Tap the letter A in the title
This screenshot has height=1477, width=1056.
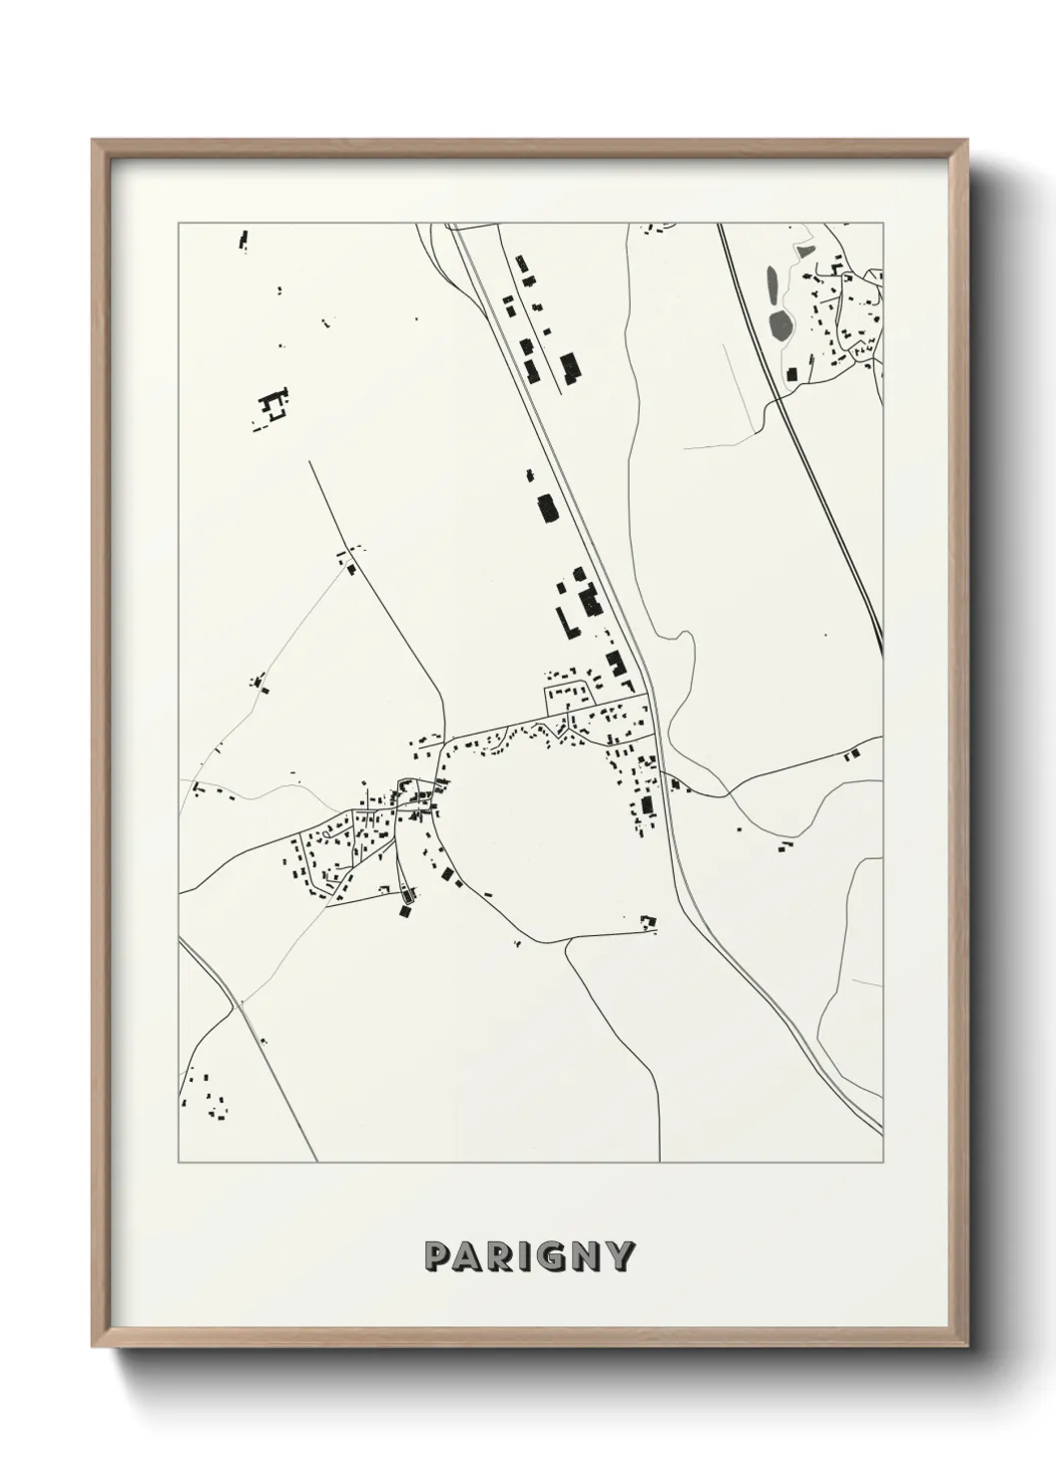tap(468, 1256)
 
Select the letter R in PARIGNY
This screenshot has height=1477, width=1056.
tap(500, 1256)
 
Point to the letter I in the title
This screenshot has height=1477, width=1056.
tap(525, 1256)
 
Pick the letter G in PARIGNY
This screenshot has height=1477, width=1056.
tap(552, 1256)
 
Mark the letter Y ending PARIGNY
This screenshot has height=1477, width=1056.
tap(620, 1256)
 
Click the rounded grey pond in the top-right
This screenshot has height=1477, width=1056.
tap(780, 323)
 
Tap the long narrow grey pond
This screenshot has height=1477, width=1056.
tap(772, 284)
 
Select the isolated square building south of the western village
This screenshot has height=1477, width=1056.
tap(405, 909)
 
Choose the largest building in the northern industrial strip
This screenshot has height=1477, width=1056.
tap(570, 367)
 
